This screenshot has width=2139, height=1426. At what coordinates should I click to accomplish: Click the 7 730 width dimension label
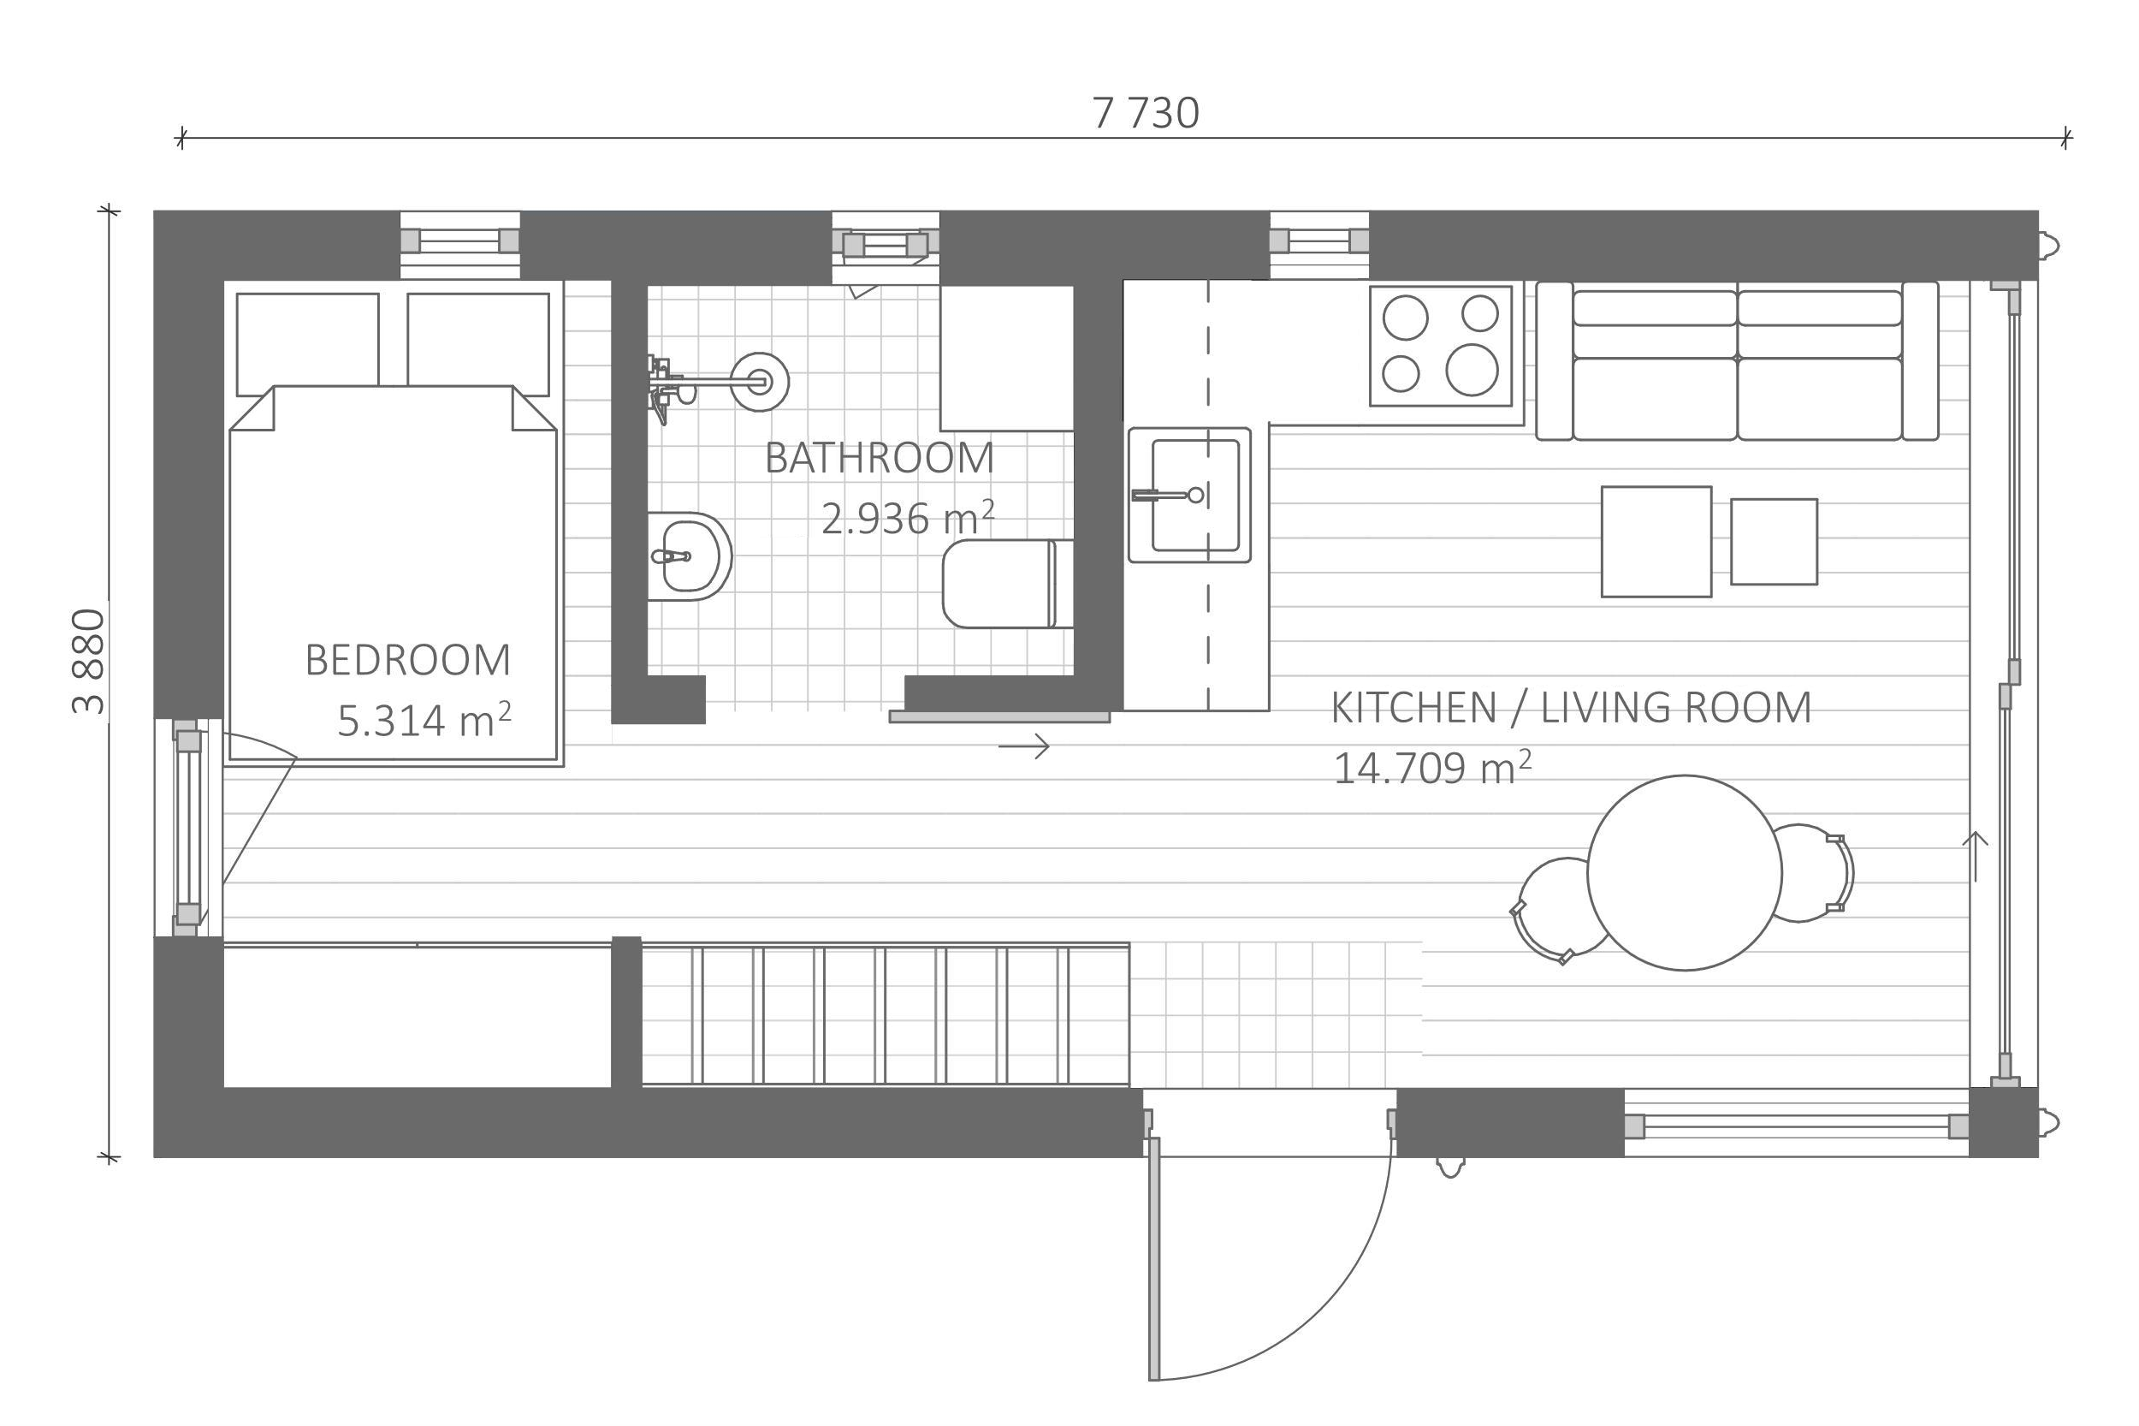coord(1145,114)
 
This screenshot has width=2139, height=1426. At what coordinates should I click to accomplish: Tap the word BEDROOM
coord(407,660)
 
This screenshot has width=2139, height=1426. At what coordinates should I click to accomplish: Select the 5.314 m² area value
coord(424,719)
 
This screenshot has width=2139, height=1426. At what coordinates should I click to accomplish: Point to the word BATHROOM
coord(879,457)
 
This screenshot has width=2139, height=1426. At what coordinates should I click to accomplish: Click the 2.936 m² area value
coord(907,518)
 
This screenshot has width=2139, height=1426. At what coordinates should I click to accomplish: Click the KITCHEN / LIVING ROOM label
coord(1571,708)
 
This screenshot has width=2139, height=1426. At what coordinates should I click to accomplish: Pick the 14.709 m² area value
coord(1431,767)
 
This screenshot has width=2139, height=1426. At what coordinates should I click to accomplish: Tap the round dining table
coord(1684,872)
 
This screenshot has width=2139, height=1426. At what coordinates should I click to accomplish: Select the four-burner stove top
coord(1440,346)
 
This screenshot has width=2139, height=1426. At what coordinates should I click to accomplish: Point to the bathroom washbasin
coord(690,556)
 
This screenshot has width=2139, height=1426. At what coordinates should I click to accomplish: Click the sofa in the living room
coord(1736,361)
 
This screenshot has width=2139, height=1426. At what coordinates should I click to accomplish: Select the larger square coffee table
coord(1656,541)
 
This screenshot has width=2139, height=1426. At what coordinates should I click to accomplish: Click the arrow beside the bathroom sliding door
coord(1023,746)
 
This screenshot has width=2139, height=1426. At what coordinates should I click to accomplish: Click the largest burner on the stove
coord(1472,369)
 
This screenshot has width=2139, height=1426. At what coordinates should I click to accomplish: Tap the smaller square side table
coord(1773,541)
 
